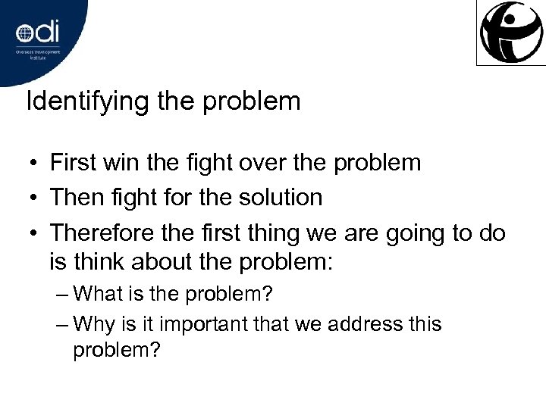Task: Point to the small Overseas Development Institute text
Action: (x=39, y=54)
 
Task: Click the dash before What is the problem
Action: (x=64, y=294)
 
